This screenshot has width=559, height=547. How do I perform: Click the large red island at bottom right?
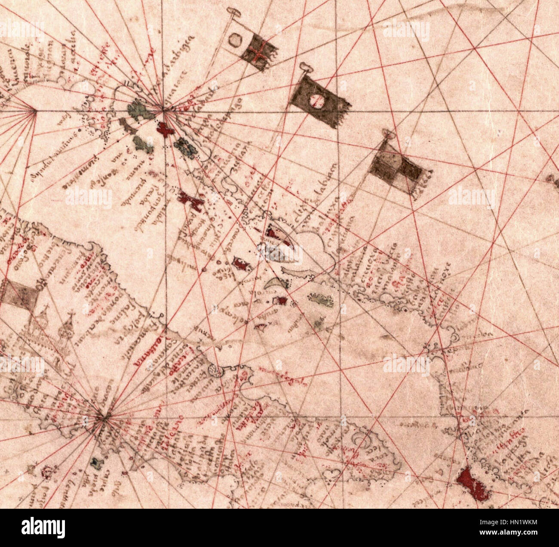click(x=473, y=484)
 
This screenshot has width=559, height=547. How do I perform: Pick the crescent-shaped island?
click(x=274, y=283)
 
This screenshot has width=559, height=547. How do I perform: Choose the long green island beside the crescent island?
click(x=321, y=299)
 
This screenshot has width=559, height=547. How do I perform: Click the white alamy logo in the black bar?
click(x=43, y=528)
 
